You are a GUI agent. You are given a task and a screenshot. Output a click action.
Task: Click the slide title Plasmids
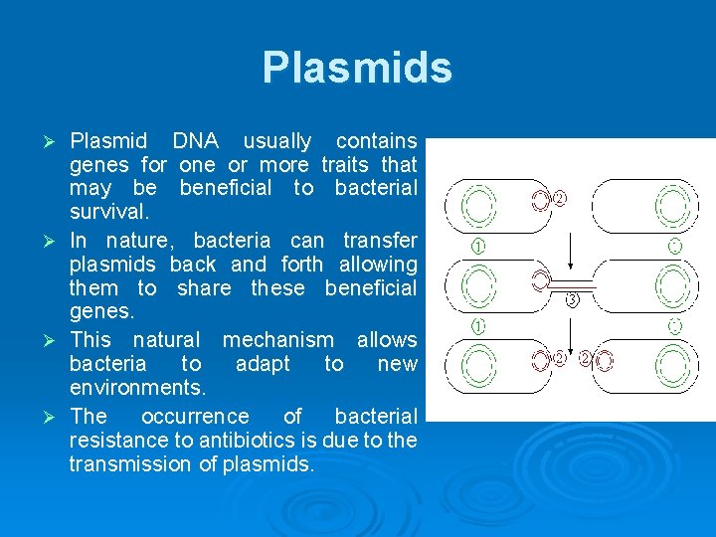click(357, 69)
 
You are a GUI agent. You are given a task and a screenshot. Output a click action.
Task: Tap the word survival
click(108, 213)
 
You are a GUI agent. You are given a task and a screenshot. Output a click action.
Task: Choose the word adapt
click(264, 364)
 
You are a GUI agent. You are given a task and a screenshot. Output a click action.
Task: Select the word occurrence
click(195, 415)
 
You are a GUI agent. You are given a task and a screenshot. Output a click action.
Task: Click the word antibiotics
click(258, 440)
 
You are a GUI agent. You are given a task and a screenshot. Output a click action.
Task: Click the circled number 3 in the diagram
click(572, 299)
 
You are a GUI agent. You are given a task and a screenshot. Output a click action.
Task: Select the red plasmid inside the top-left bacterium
click(540, 201)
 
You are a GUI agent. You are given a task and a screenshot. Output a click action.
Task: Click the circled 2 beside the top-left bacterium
click(560, 198)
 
